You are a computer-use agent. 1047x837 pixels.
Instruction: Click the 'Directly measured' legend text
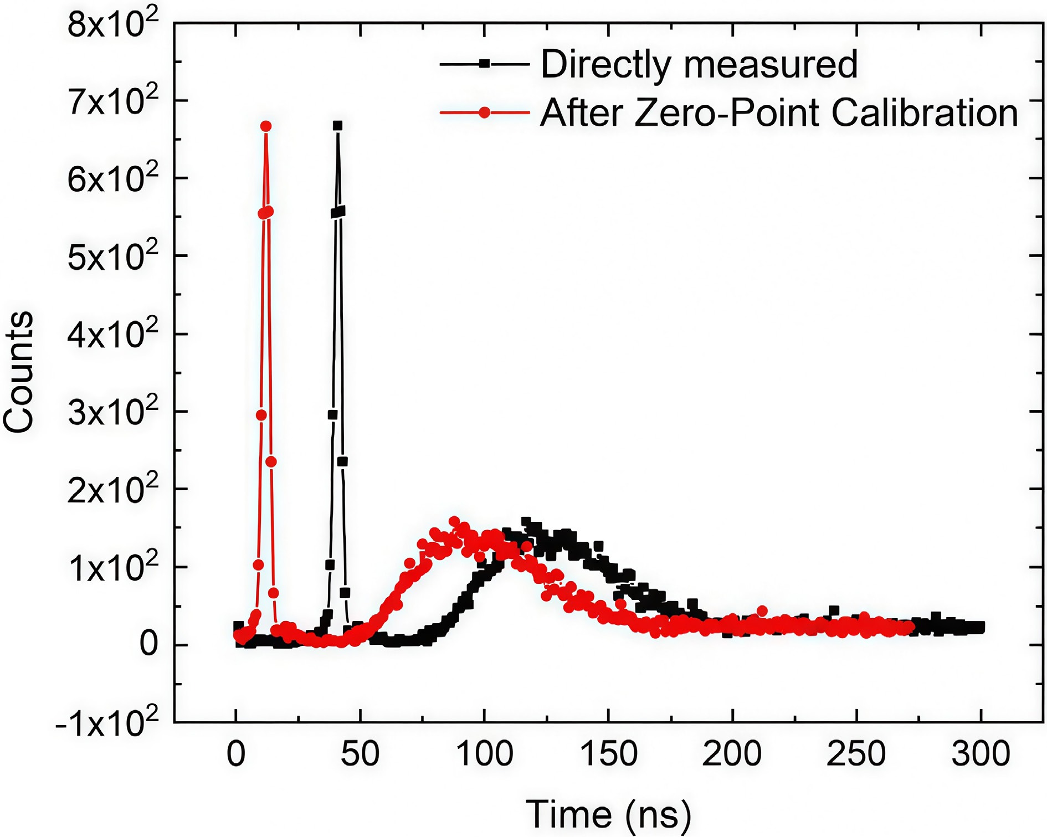[x=699, y=65]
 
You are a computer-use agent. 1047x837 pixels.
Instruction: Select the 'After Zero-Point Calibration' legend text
[x=778, y=113]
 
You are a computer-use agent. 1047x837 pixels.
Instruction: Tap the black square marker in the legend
[x=485, y=64]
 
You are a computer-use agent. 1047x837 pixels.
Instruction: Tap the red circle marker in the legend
[x=485, y=113]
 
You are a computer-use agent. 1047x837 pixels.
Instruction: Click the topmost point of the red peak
[x=266, y=126]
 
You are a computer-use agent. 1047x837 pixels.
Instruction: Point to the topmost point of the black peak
[x=337, y=126]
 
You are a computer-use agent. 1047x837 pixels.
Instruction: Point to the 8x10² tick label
[x=112, y=24]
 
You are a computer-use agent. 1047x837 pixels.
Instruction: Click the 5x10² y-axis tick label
[x=112, y=257]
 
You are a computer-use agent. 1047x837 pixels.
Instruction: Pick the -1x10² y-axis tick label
[x=106, y=723]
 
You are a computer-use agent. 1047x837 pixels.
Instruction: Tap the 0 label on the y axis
[x=148, y=644]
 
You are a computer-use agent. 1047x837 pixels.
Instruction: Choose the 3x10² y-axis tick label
[x=112, y=413]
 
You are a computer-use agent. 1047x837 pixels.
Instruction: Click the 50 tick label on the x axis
[x=360, y=754]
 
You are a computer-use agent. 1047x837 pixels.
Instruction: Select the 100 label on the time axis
[x=484, y=754]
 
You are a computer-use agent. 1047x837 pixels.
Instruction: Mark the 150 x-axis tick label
[x=608, y=754]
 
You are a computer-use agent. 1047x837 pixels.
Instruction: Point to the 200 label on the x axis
[x=732, y=754]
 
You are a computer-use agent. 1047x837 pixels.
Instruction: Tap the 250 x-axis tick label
[x=856, y=754]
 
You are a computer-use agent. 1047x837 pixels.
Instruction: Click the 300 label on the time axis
[x=981, y=754]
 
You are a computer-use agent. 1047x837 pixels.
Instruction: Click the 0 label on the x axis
[x=236, y=754]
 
